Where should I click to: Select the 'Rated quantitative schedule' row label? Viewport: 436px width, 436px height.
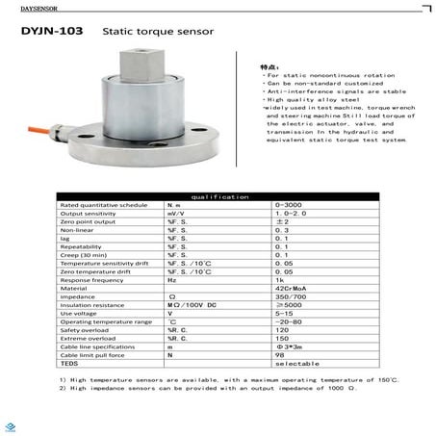(90, 206)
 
